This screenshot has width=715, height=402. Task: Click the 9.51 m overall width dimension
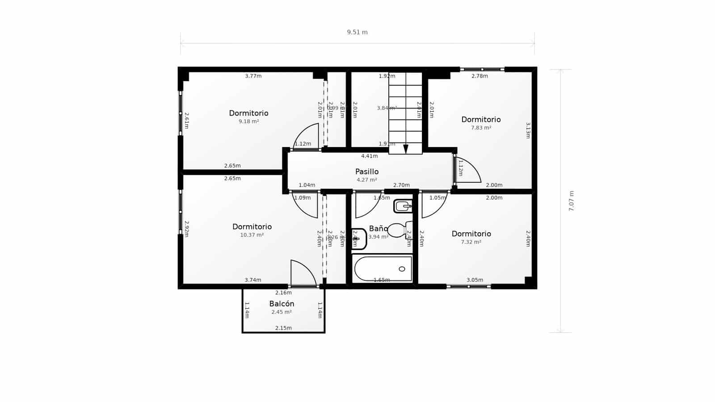[x=357, y=32]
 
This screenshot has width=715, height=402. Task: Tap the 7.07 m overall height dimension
[x=571, y=201]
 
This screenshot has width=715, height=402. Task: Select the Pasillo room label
[x=367, y=172]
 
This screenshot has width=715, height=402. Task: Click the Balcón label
[x=282, y=304]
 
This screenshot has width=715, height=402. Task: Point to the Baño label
[x=378, y=229]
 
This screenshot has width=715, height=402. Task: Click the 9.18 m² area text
[x=249, y=121]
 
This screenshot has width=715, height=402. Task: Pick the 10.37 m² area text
[x=252, y=235]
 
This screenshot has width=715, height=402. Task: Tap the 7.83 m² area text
[x=481, y=128]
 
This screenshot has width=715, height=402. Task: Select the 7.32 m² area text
[x=471, y=242]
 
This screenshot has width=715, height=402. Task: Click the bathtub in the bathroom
[x=383, y=269]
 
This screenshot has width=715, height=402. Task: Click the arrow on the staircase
[x=406, y=149]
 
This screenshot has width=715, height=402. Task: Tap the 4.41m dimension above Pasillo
[x=370, y=156]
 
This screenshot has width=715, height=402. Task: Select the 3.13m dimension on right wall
[x=528, y=130]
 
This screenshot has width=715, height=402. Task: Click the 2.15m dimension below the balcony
[x=283, y=328]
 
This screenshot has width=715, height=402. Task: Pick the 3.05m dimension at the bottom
[x=475, y=280]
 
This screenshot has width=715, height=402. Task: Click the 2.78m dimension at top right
[x=479, y=76]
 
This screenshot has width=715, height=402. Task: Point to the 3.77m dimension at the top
[x=253, y=76]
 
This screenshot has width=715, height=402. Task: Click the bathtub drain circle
[x=402, y=269]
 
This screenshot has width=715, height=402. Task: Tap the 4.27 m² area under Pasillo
[x=367, y=180]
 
